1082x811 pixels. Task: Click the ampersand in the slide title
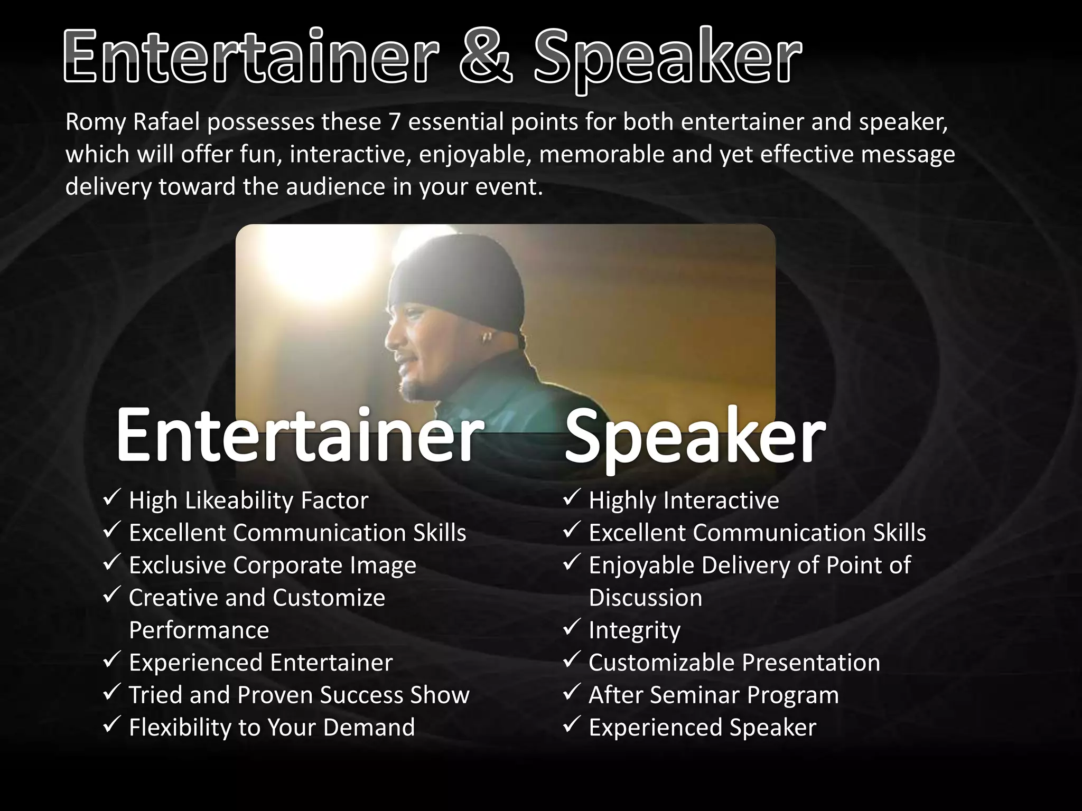click(x=486, y=57)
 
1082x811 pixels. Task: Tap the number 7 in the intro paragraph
click(x=394, y=122)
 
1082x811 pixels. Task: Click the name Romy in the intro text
click(x=96, y=122)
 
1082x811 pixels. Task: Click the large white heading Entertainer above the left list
click(x=299, y=436)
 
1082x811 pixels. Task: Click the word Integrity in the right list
click(x=635, y=630)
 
